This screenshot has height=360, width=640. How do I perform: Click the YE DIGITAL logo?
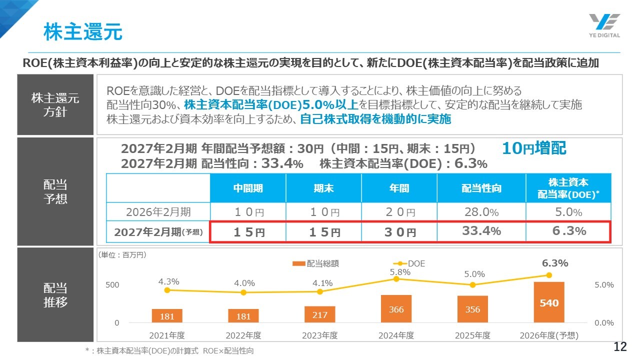(604, 25)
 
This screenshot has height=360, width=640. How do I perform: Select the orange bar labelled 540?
(548, 302)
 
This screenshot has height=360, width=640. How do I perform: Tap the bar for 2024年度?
(396, 308)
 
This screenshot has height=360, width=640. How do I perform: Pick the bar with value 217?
(319, 314)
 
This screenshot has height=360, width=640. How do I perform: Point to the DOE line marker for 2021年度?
(167, 290)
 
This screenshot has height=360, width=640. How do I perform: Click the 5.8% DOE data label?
(400, 272)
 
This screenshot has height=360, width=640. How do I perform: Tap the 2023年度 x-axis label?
(319, 335)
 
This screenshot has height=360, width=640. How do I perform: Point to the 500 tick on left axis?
(112, 285)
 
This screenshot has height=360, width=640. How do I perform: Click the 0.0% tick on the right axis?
(604, 323)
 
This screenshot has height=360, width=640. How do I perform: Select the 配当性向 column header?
(481, 188)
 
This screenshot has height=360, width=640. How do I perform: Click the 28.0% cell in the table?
(481, 212)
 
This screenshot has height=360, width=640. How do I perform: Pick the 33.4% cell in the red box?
(481, 231)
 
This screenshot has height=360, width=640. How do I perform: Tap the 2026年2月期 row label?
(158, 212)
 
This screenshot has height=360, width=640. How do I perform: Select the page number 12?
(620, 347)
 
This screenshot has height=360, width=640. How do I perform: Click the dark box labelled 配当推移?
(55, 295)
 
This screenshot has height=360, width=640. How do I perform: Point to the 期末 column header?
(323, 188)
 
